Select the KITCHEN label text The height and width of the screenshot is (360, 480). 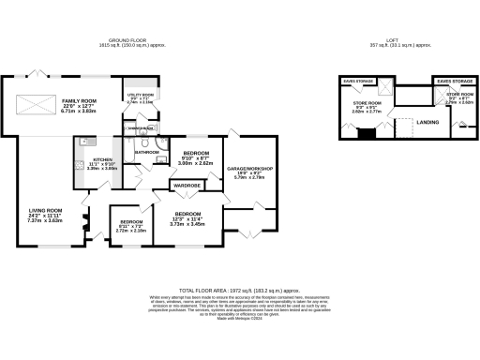[103, 160]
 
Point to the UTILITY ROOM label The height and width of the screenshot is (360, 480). [140, 94]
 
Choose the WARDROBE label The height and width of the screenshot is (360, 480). [185, 187]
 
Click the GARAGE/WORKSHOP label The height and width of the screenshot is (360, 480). [248, 169]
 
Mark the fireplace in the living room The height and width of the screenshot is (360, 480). [85, 226]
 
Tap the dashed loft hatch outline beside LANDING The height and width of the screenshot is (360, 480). [404, 128]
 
